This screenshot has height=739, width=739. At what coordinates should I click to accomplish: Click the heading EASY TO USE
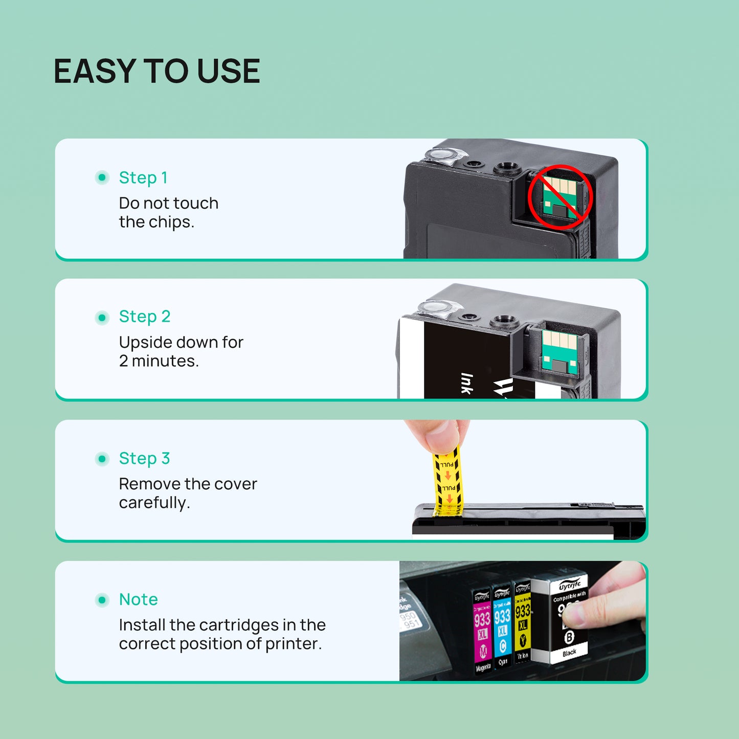156,71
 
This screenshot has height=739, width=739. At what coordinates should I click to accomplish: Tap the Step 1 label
143,177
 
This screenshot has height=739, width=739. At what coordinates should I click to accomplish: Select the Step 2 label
145,317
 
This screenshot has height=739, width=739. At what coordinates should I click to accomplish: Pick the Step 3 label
144,458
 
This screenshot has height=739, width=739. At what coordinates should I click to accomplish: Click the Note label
138,599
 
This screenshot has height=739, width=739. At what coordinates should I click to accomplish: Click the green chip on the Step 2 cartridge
559,352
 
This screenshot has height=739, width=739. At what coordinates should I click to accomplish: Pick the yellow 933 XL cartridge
522,623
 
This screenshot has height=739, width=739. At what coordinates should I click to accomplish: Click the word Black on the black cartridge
569,653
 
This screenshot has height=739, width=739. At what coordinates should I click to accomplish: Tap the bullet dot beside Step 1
102,177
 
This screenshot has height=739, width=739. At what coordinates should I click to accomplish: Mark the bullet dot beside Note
102,600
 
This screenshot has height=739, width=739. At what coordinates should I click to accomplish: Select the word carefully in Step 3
154,503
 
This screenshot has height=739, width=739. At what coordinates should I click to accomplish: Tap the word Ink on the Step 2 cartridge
466,384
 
